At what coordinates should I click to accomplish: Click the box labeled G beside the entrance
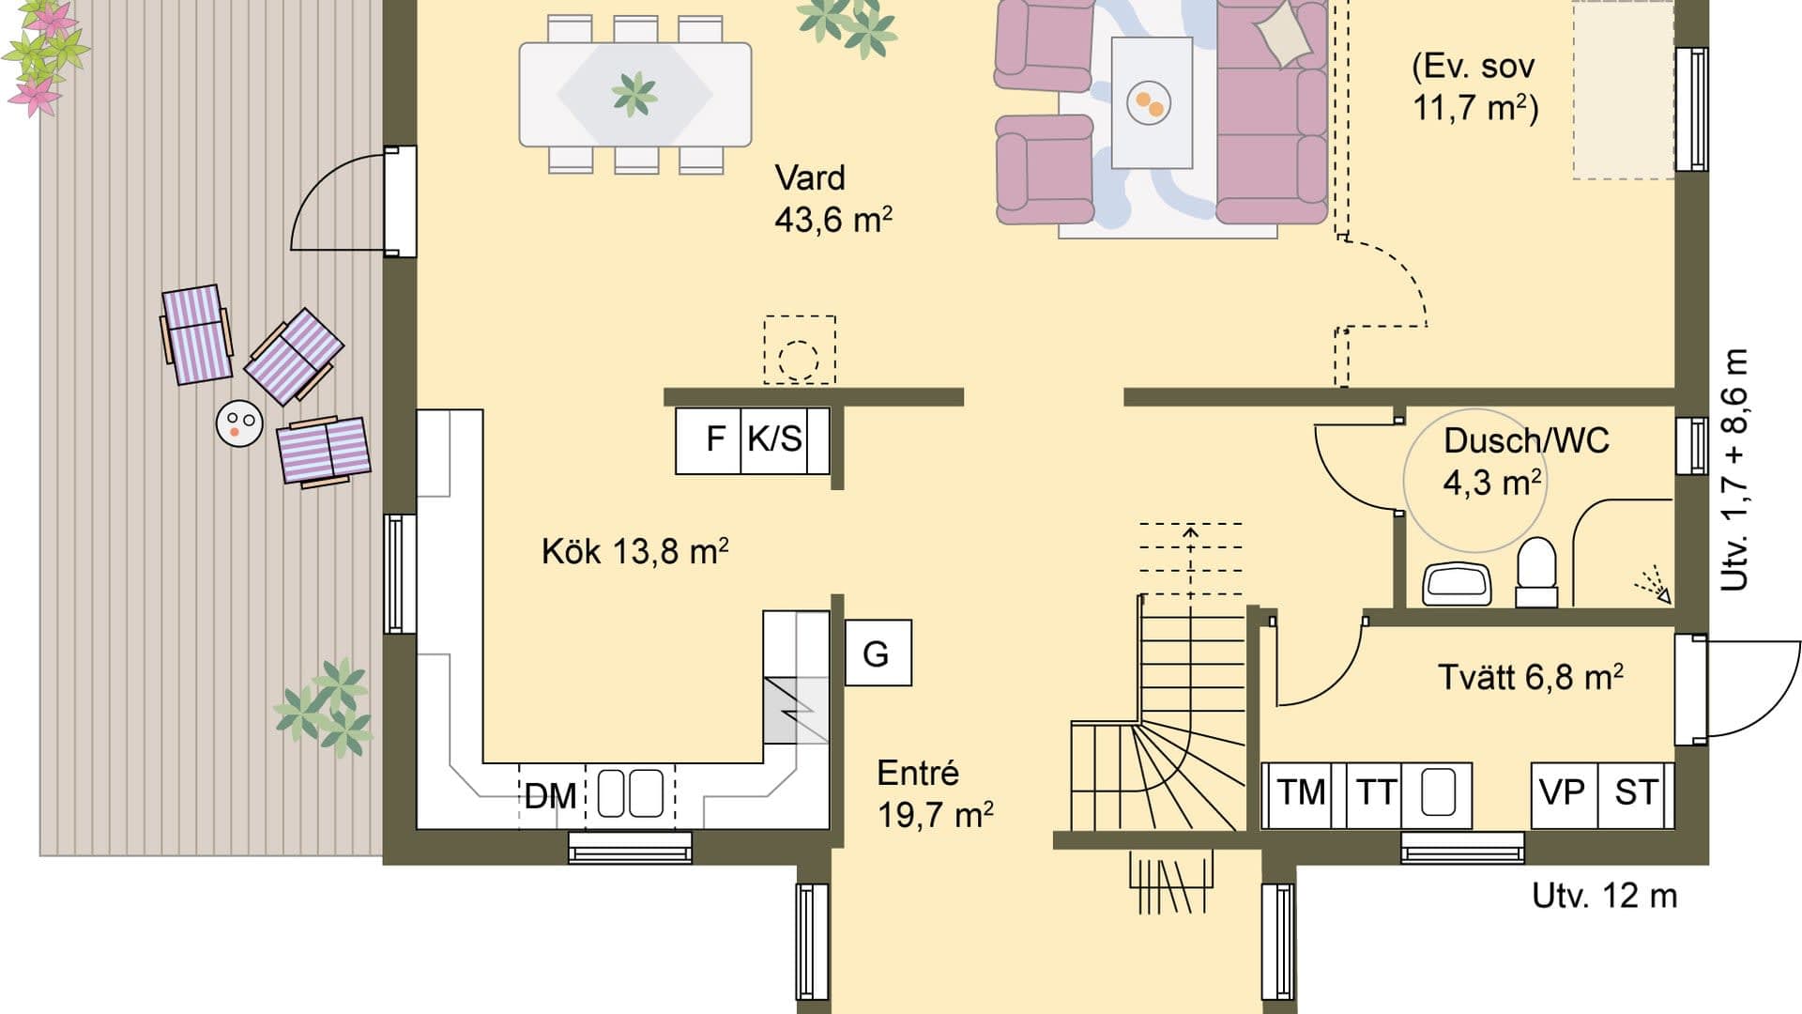[878, 653]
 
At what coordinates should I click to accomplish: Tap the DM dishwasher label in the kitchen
[550, 796]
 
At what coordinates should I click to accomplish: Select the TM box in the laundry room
[1301, 793]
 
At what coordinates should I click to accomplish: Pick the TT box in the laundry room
[1376, 793]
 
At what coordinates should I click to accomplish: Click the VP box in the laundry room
[1563, 793]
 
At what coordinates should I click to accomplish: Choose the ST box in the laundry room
[1636, 793]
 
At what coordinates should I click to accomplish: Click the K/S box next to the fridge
[775, 439]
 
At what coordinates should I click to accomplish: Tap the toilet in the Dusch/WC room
[1536, 571]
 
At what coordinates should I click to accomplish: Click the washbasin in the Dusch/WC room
[1457, 584]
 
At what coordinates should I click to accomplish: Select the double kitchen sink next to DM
[631, 793]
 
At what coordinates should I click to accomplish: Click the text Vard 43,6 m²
[832, 199]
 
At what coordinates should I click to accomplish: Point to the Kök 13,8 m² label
[634, 551]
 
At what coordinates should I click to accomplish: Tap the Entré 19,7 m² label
[934, 794]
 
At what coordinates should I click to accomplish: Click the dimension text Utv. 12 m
[1604, 896]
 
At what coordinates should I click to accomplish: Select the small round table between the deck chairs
[239, 423]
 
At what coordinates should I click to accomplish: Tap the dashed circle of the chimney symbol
[799, 359]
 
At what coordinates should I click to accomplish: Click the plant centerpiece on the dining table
[634, 93]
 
